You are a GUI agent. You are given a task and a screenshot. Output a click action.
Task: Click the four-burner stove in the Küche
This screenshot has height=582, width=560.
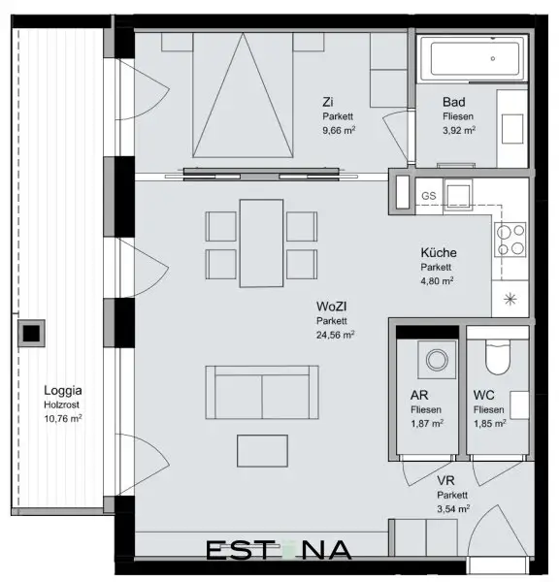511,238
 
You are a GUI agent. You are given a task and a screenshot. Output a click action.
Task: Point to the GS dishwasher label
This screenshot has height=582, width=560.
428,196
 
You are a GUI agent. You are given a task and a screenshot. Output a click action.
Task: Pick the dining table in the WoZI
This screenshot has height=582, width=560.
260,242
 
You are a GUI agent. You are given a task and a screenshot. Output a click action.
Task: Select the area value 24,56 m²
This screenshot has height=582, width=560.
335,335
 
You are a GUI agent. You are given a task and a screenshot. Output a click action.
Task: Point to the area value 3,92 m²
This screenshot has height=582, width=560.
460,129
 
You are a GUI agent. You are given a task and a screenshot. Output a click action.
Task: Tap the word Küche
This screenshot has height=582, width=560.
439,253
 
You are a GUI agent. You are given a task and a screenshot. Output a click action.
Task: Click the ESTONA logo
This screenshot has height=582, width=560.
279,551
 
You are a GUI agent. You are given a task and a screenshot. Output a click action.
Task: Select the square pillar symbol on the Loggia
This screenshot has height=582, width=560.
32,334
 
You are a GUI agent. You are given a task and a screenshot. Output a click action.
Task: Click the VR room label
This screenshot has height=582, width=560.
445,480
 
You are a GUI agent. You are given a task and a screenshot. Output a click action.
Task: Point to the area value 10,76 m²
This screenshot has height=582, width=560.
62,419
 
